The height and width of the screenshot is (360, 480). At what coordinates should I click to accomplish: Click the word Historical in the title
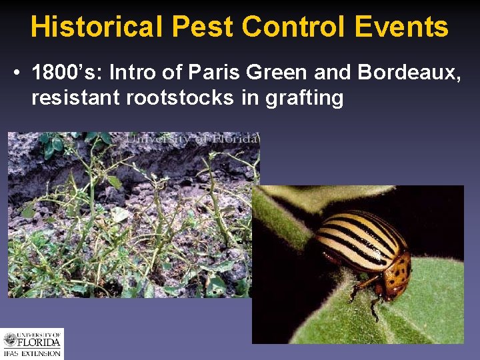click(96, 27)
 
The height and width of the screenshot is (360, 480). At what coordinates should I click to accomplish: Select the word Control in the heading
click(294, 27)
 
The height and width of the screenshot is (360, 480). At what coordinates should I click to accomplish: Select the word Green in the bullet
click(251, 71)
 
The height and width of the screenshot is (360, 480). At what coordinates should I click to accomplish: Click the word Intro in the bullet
click(131, 71)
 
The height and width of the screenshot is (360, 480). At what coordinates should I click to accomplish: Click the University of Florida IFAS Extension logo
click(31, 343)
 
